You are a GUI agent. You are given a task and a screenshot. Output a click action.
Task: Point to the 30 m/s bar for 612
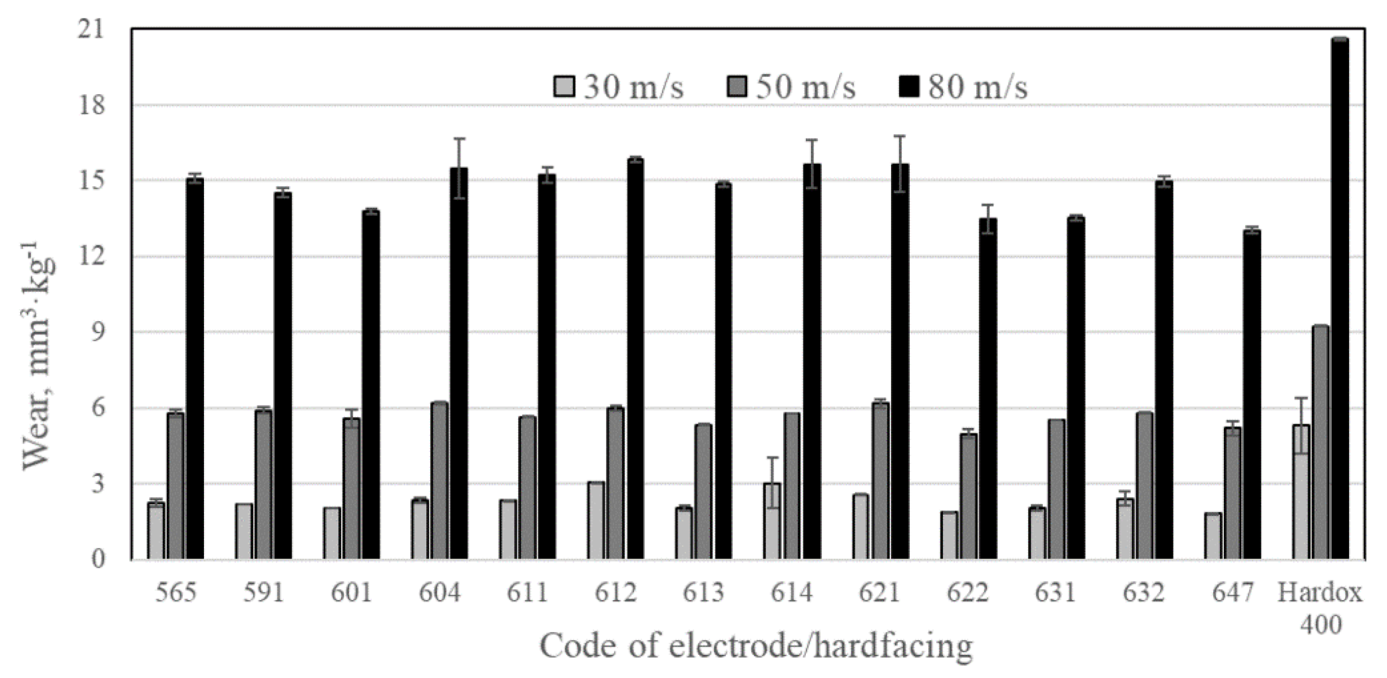click(x=596, y=520)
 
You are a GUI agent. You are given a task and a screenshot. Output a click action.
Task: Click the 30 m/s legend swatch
click(x=564, y=86)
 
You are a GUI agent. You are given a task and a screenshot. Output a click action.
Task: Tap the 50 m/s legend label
click(x=805, y=86)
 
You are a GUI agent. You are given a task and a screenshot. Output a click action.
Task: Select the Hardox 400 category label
click(x=1320, y=608)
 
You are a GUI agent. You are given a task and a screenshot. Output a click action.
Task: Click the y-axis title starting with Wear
click(x=38, y=355)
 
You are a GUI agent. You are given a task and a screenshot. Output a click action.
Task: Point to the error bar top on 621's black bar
click(x=900, y=136)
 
